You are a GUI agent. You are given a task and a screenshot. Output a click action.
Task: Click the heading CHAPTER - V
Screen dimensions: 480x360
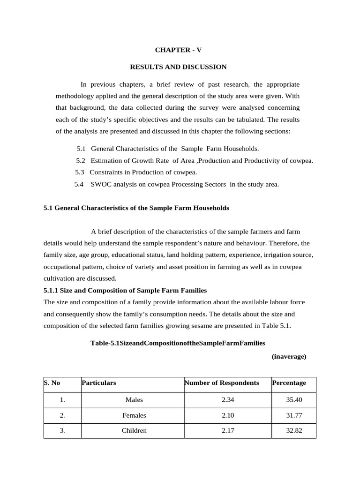[x=178, y=49]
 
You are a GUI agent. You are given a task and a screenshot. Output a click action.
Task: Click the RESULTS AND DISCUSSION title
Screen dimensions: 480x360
[x=178, y=67]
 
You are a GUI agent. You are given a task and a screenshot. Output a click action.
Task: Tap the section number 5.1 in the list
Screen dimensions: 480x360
[x=81, y=149]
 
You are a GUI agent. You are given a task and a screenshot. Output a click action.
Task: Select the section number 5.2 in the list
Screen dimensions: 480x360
[x=81, y=160]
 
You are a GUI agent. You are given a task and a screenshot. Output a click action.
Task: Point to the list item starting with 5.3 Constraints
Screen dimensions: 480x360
[x=136, y=172]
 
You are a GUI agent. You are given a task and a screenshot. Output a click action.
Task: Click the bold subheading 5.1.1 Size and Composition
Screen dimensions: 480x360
[x=125, y=291]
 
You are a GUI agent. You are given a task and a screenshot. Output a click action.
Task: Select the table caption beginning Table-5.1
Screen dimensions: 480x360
[x=178, y=343]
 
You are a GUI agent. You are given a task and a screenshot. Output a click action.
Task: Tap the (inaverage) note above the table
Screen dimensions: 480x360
[x=289, y=357]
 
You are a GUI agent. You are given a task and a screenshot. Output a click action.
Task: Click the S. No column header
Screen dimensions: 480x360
[x=52, y=382]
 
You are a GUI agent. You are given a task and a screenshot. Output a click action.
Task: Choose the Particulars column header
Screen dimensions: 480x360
[x=99, y=382]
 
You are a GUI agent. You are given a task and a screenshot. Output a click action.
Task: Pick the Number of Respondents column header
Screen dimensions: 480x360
[x=222, y=382]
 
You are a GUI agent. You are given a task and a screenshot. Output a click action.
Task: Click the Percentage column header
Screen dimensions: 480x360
[x=289, y=382]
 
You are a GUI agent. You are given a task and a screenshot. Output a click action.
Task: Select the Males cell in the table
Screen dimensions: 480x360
[x=134, y=400]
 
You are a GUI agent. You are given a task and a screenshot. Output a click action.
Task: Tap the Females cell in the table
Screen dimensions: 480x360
[x=134, y=415]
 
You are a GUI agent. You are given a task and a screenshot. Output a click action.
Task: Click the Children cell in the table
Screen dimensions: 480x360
[x=134, y=430]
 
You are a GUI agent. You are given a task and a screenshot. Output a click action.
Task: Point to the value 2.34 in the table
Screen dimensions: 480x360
[x=227, y=400]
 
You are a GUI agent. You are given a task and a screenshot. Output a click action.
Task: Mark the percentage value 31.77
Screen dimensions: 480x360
[x=293, y=415]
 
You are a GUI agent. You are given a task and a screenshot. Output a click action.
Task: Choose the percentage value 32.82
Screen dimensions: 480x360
[x=293, y=430]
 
